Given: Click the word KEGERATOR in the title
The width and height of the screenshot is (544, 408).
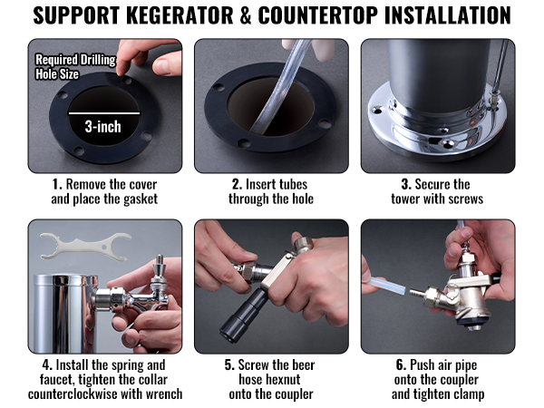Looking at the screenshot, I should tap(189, 16).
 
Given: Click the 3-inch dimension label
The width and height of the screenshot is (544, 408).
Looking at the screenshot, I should tap(103, 127).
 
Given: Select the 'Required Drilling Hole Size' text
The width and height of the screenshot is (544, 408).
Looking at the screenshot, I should tap(74, 66).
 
